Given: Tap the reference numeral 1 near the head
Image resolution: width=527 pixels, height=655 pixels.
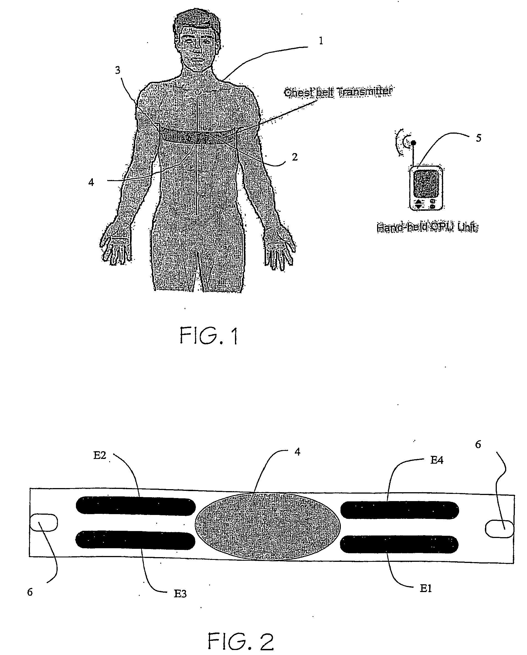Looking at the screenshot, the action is [321, 41].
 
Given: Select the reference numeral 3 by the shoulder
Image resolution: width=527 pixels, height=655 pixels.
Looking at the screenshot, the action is [118, 70].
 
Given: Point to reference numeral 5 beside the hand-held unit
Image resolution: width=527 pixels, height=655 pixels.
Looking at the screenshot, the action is [479, 138].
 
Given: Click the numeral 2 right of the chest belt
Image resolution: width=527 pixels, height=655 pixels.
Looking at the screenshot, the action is [295, 157].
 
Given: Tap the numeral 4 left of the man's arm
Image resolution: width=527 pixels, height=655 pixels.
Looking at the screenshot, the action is [91, 182].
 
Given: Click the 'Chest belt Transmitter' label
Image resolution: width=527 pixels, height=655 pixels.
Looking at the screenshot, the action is [338, 92].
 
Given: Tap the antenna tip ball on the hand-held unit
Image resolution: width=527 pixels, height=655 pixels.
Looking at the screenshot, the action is [413, 143].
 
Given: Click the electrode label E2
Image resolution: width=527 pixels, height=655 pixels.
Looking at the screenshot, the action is [99, 455].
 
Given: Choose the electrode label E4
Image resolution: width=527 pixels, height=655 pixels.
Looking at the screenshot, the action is [437, 461].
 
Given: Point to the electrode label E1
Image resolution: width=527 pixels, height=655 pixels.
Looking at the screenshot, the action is [426, 588].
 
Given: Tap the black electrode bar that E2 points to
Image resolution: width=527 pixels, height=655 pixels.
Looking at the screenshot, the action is [135, 506].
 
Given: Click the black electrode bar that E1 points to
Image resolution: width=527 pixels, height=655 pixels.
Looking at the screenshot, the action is [399, 544].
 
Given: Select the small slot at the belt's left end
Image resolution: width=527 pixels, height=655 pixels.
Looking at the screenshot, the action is [44, 522].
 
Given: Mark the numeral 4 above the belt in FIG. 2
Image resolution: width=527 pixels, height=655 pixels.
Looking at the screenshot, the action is [298, 452].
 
